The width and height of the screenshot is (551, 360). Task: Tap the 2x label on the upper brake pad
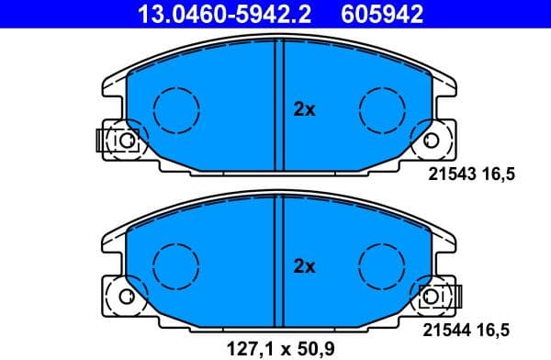click(x=304, y=110)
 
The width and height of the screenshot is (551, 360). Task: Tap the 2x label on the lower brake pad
click(x=304, y=267)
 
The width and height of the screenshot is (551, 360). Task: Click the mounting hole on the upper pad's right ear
click(x=432, y=141)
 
